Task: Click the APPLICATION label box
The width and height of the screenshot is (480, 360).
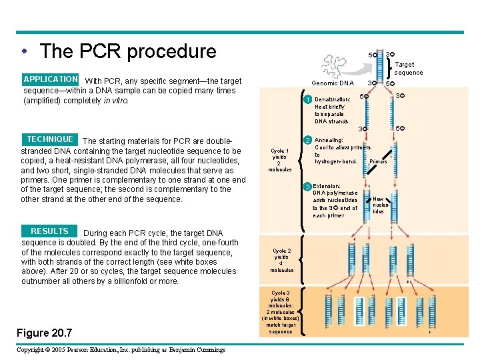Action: click(x=51, y=79)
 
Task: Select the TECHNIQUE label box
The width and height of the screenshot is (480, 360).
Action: click(x=50, y=139)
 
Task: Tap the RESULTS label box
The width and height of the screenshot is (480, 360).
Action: click(x=49, y=231)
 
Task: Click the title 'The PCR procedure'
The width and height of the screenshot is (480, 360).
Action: click(x=127, y=51)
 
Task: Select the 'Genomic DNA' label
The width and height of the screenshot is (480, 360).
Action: click(x=333, y=83)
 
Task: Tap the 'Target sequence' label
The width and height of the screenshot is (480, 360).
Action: click(x=408, y=69)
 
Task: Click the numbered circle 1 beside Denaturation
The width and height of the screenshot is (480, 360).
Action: click(x=307, y=100)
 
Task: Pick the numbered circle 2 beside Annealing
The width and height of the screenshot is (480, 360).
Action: click(x=307, y=140)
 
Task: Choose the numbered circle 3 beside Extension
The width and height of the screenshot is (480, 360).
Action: click(x=307, y=186)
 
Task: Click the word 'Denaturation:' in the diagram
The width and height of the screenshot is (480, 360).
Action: click(x=333, y=99)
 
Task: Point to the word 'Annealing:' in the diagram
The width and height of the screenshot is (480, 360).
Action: click(x=329, y=140)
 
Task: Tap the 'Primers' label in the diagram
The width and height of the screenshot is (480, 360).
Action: click(x=378, y=161)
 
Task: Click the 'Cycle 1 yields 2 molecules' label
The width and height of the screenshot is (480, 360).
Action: click(x=280, y=160)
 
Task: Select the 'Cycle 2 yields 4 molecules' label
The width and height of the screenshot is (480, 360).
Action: click(x=281, y=261)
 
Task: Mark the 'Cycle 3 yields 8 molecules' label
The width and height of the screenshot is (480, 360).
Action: click(x=281, y=312)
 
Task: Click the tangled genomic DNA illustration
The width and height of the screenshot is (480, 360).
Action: click(x=337, y=64)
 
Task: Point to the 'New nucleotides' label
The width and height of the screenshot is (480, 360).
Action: click(x=379, y=205)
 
